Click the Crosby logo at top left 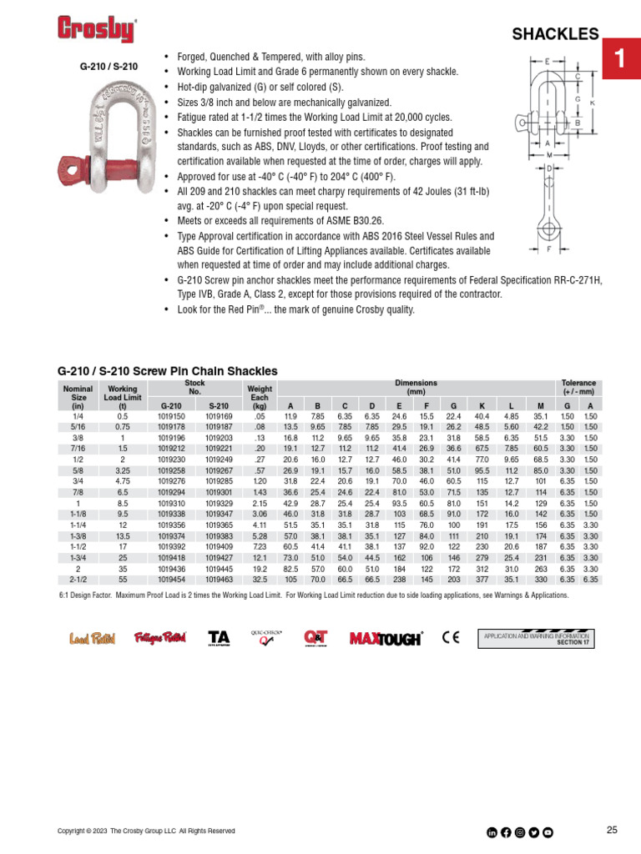click(96, 30)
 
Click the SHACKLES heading click(555, 34)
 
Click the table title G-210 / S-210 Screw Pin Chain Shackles click(167, 370)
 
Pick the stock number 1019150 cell click(171, 415)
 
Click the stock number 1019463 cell click(219, 579)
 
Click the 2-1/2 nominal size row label click(78, 579)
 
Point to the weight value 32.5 click(260, 579)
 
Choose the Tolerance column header click(578, 387)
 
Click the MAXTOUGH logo click(386, 639)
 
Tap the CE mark click(452, 639)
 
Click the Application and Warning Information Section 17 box click(537, 639)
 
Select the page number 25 click(612, 830)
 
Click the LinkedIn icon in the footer click(492, 831)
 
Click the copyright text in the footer click(146, 831)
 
